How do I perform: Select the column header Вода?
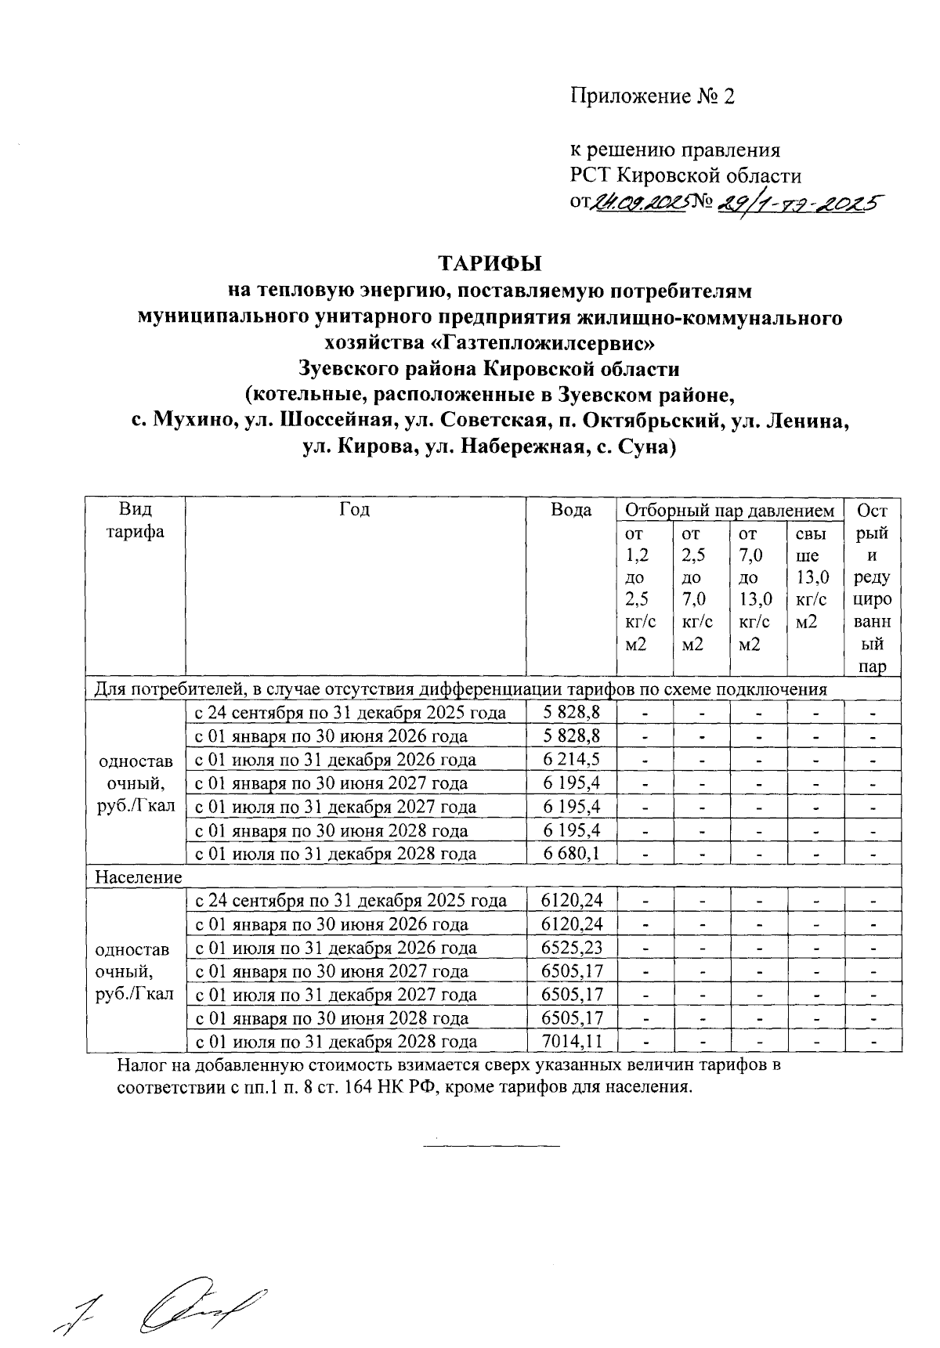[571, 511]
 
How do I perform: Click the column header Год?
[355, 511]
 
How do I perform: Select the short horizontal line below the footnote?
[491, 1147]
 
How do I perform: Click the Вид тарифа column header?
[136, 521]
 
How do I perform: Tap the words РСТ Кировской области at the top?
[685, 175]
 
